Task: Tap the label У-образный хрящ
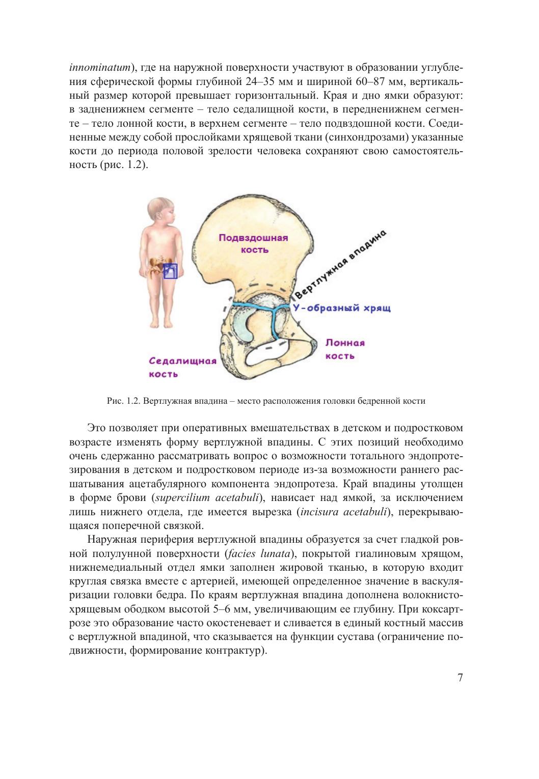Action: pyautogui.click(x=341, y=309)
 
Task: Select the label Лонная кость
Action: pyautogui.click(x=345, y=349)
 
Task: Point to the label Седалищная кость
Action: pyautogui.click(x=182, y=367)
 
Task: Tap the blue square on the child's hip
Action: pyautogui.click(x=170, y=271)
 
